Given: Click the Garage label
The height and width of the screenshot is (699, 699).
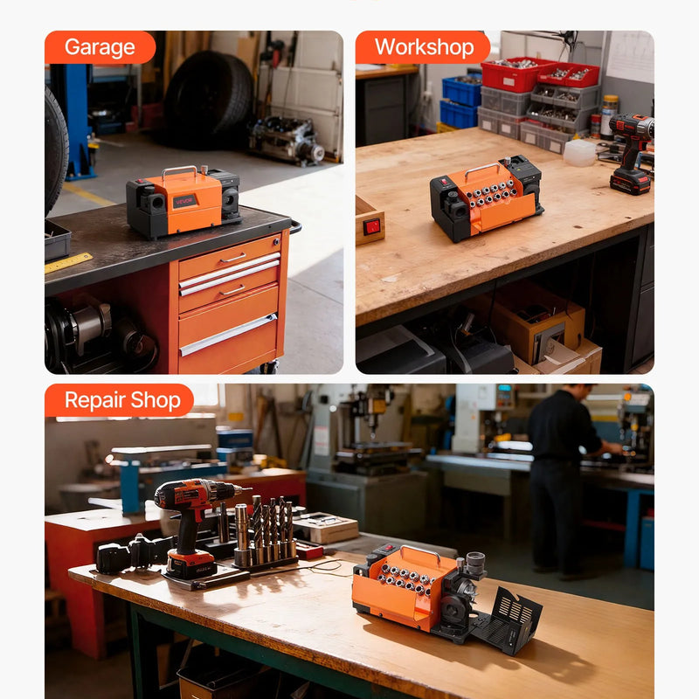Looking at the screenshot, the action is click(x=100, y=47).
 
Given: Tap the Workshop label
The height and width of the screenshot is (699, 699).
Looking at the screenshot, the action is click(x=424, y=47).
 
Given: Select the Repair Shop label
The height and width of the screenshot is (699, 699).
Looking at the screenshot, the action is click(x=122, y=400).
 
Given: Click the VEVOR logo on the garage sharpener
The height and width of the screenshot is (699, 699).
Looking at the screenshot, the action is click(x=184, y=201).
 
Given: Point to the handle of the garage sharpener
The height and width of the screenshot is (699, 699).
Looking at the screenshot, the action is click(x=179, y=170).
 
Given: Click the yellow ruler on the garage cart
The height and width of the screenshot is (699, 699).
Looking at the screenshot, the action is click(x=68, y=263).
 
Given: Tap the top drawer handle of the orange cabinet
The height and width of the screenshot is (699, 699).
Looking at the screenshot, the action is click(x=232, y=258).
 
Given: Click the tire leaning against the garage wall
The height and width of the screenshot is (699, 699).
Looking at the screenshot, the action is click(x=208, y=99).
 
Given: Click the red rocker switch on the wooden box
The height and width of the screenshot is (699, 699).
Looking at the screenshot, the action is click(x=372, y=226).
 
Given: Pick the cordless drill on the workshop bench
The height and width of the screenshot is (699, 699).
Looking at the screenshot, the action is click(x=631, y=153).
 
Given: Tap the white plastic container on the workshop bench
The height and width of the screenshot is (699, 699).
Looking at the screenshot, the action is click(x=579, y=153).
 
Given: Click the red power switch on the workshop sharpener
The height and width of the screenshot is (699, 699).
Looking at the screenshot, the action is click(x=444, y=182).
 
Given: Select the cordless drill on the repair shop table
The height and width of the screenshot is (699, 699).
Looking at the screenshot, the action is click(x=194, y=526).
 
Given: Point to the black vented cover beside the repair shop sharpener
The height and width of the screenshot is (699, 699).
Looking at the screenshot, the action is click(x=509, y=620).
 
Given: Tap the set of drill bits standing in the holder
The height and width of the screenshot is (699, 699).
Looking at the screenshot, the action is click(x=266, y=531).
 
